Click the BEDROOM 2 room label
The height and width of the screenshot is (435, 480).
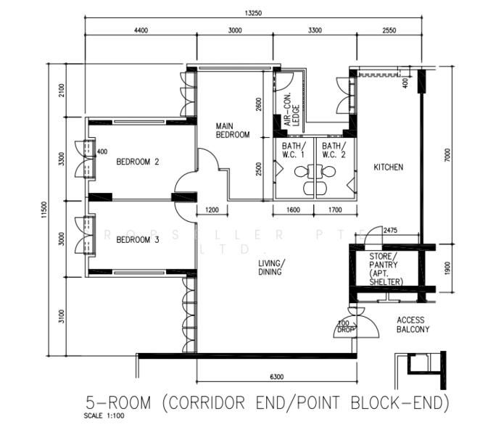137,162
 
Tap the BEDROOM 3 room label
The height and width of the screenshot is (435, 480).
137,240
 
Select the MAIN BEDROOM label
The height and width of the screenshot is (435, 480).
233,130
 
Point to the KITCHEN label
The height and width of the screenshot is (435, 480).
388,167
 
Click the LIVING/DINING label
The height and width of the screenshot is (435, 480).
272,268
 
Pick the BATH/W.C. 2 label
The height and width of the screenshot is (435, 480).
334,150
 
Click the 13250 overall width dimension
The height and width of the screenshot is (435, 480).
253,12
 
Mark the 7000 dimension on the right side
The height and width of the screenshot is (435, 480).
447,154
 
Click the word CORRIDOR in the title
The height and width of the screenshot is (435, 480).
215,402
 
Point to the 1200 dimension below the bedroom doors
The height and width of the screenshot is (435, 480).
212,210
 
